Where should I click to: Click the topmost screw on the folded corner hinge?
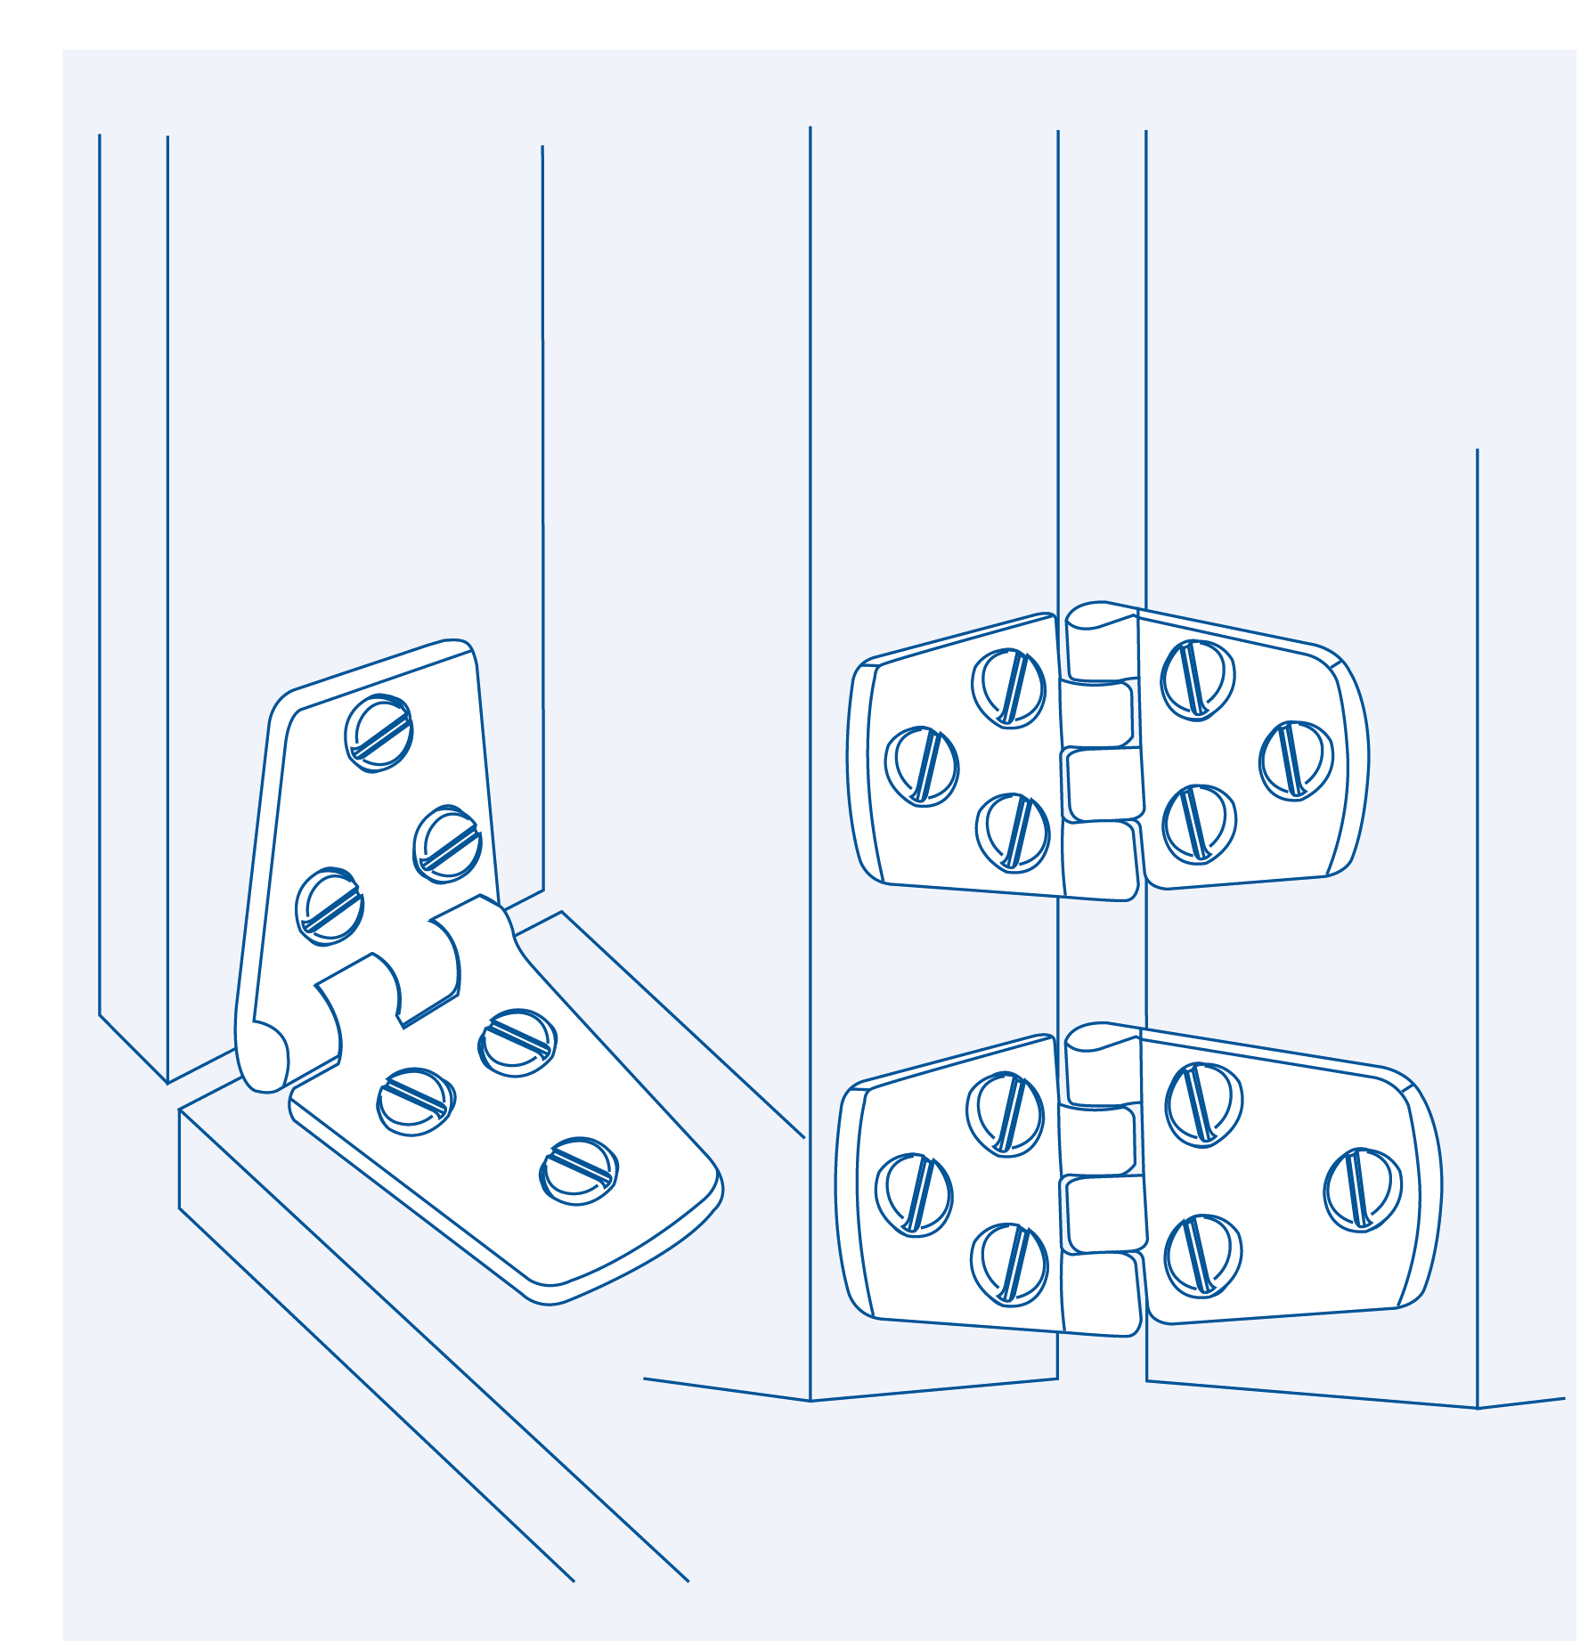pos(379,733)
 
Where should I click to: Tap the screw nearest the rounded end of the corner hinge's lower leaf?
pos(579,1171)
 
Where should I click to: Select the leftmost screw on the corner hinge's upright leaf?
pos(330,906)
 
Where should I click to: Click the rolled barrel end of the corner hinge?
pos(264,1056)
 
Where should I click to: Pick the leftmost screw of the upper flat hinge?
pos(922,766)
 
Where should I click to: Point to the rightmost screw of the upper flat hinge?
pos(1296,760)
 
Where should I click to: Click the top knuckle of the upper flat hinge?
pos(1102,645)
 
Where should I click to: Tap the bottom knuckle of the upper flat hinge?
pos(1101,859)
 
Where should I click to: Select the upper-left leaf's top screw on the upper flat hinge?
pos(1008,688)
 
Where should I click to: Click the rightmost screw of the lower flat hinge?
pos(1363,1189)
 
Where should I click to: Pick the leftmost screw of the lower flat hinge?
pos(914,1194)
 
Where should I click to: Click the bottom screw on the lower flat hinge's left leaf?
pos(1009,1264)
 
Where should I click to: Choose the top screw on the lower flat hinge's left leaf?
pos(1006,1113)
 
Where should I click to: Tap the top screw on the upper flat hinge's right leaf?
pos(1198,679)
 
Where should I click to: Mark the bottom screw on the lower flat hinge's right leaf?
pos(1202,1256)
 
